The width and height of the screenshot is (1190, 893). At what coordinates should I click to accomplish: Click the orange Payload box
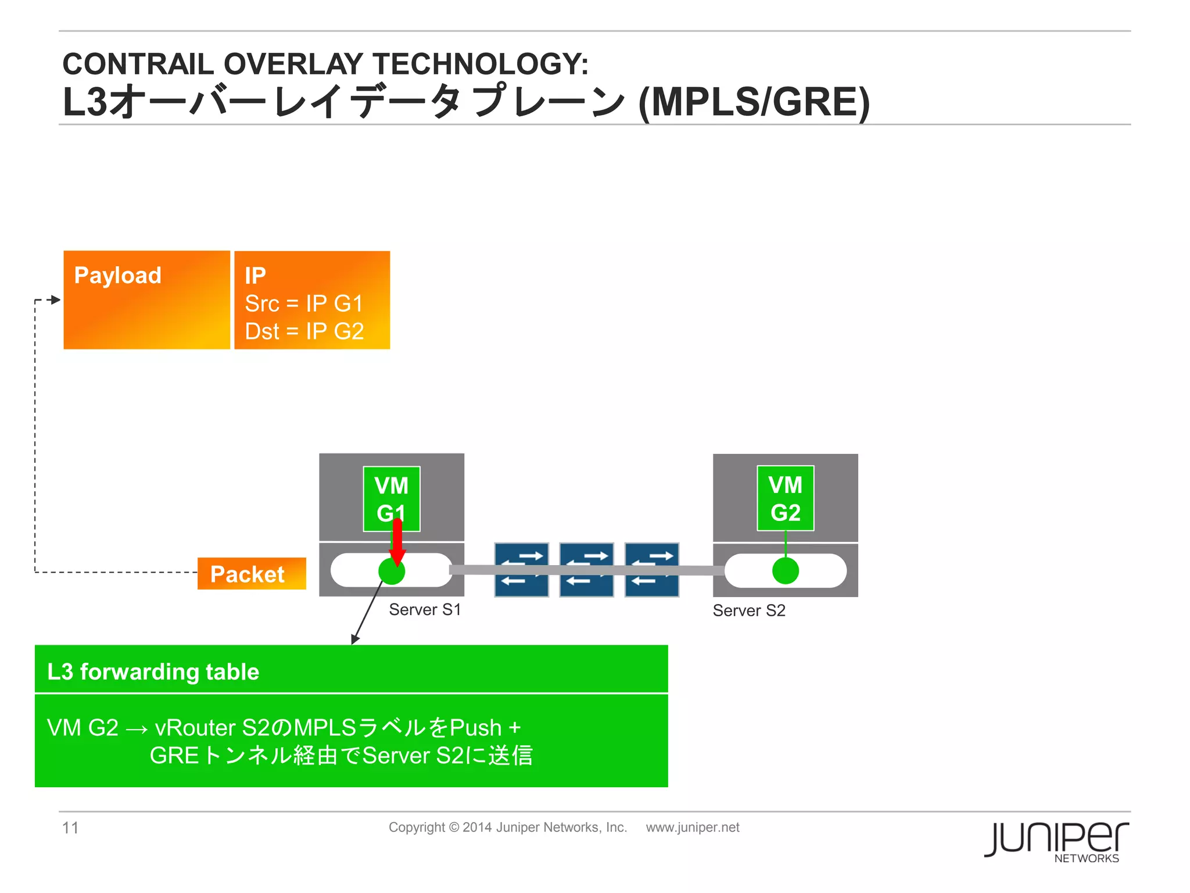pyautogui.click(x=146, y=300)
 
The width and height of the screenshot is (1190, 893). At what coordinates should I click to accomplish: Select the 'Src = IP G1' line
pyautogui.click(x=304, y=303)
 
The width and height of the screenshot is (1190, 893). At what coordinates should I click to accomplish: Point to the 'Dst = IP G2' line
pyautogui.click(x=304, y=331)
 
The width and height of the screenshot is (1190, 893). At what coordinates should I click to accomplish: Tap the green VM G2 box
pyautogui.click(x=785, y=498)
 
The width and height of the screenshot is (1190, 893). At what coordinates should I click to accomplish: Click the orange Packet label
pyautogui.click(x=251, y=574)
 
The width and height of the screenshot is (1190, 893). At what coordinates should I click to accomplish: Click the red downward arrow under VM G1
pyautogui.click(x=397, y=541)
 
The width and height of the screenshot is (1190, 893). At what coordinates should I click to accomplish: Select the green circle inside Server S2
pyautogui.click(x=785, y=571)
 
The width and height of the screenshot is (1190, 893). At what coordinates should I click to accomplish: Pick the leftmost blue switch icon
pyautogui.click(x=521, y=570)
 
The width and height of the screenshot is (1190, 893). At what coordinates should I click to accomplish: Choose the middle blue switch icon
pyautogui.click(x=586, y=570)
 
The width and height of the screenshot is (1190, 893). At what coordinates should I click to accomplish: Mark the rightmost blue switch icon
pyautogui.click(x=651, y=570)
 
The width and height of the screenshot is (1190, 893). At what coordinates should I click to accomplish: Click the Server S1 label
pyautogui.click(x=425, y=610)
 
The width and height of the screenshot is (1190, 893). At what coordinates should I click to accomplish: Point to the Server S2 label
pyautogui.click(x=749, y=610)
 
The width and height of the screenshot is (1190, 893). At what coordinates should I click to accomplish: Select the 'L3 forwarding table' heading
pyautogui.click(x=153, y=672)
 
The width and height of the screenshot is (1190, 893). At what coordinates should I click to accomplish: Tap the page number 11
pyautogui.click(x=70, y=827)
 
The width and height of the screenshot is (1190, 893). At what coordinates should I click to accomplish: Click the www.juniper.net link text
pyautogui.click(x=693, y=827)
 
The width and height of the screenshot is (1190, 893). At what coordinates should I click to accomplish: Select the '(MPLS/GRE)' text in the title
pyautogui.click(x=754, y=102)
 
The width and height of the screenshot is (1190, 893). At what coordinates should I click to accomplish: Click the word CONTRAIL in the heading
pyautogui.click(x=139, y=64)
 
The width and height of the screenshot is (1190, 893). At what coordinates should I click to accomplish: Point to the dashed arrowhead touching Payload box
pyautogui.click(x=56, y=300)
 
